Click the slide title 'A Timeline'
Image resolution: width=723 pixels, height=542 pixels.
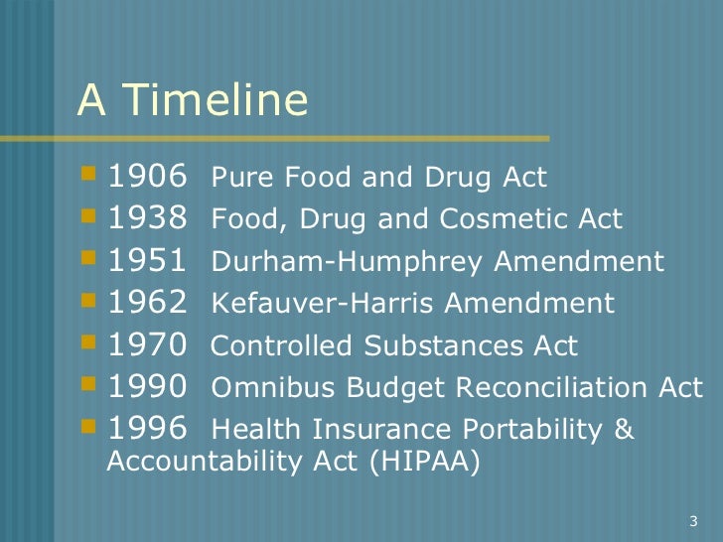coord(193,101)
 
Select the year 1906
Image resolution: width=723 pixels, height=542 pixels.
coord(147,178)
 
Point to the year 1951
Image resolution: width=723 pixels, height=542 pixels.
coord(147,261)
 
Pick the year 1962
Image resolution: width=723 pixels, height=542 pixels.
coord(147,303)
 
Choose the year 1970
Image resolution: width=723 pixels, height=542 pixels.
coord(147,345)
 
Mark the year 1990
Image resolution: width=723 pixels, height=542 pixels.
coord(147,387)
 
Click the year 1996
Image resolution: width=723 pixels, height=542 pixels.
coord(147,429)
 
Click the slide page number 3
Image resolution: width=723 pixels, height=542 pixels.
coord(692,521)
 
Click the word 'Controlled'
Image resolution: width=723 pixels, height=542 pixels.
coord(268,346)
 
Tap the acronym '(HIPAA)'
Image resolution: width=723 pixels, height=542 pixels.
coord(429,462)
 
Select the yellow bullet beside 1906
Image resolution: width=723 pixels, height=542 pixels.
coord(90,176)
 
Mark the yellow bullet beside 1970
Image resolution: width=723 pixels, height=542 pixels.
coord(90,343)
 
